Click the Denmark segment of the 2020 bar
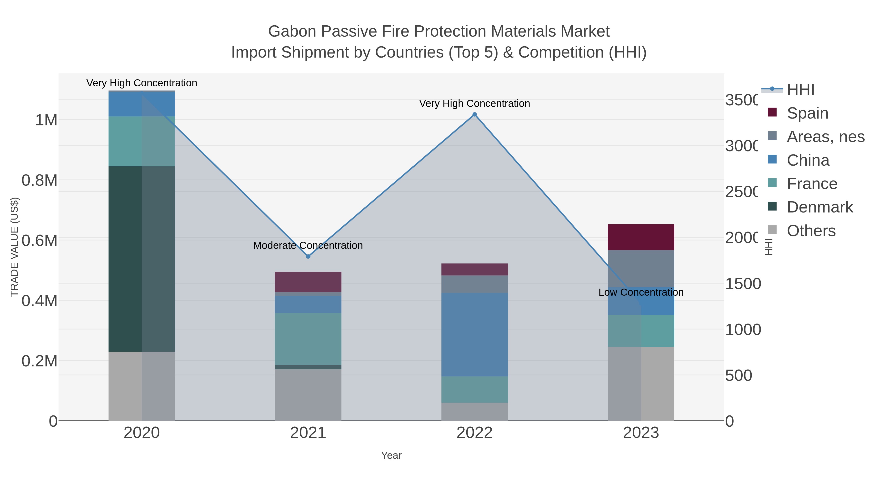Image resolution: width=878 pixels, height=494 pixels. (141, 259)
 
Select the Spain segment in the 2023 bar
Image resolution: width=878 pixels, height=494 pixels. (641, 237)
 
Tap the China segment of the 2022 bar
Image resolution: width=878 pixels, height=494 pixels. (474, 334)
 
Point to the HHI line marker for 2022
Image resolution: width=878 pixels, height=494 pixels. (474, 115)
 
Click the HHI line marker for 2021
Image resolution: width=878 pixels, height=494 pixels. (308, 256)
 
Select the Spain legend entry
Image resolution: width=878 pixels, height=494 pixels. (807, 113)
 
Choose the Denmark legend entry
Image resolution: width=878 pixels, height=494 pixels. (819, 207)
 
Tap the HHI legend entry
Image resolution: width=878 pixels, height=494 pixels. (800, 90)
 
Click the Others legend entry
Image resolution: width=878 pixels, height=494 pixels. (811, 231)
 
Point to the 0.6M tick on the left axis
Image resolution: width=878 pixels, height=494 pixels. (40, 241)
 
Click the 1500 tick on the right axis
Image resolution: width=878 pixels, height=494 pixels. (742, 284)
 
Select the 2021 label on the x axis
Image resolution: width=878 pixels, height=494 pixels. (308, 433)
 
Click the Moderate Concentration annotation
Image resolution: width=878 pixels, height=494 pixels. (308, 245)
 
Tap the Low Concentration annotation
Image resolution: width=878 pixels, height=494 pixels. (641, 292)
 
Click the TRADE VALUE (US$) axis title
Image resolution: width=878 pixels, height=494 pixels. (15, 247)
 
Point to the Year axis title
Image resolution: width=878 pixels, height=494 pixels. (391, 455)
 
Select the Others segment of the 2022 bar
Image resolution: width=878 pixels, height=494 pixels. (474, 412)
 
